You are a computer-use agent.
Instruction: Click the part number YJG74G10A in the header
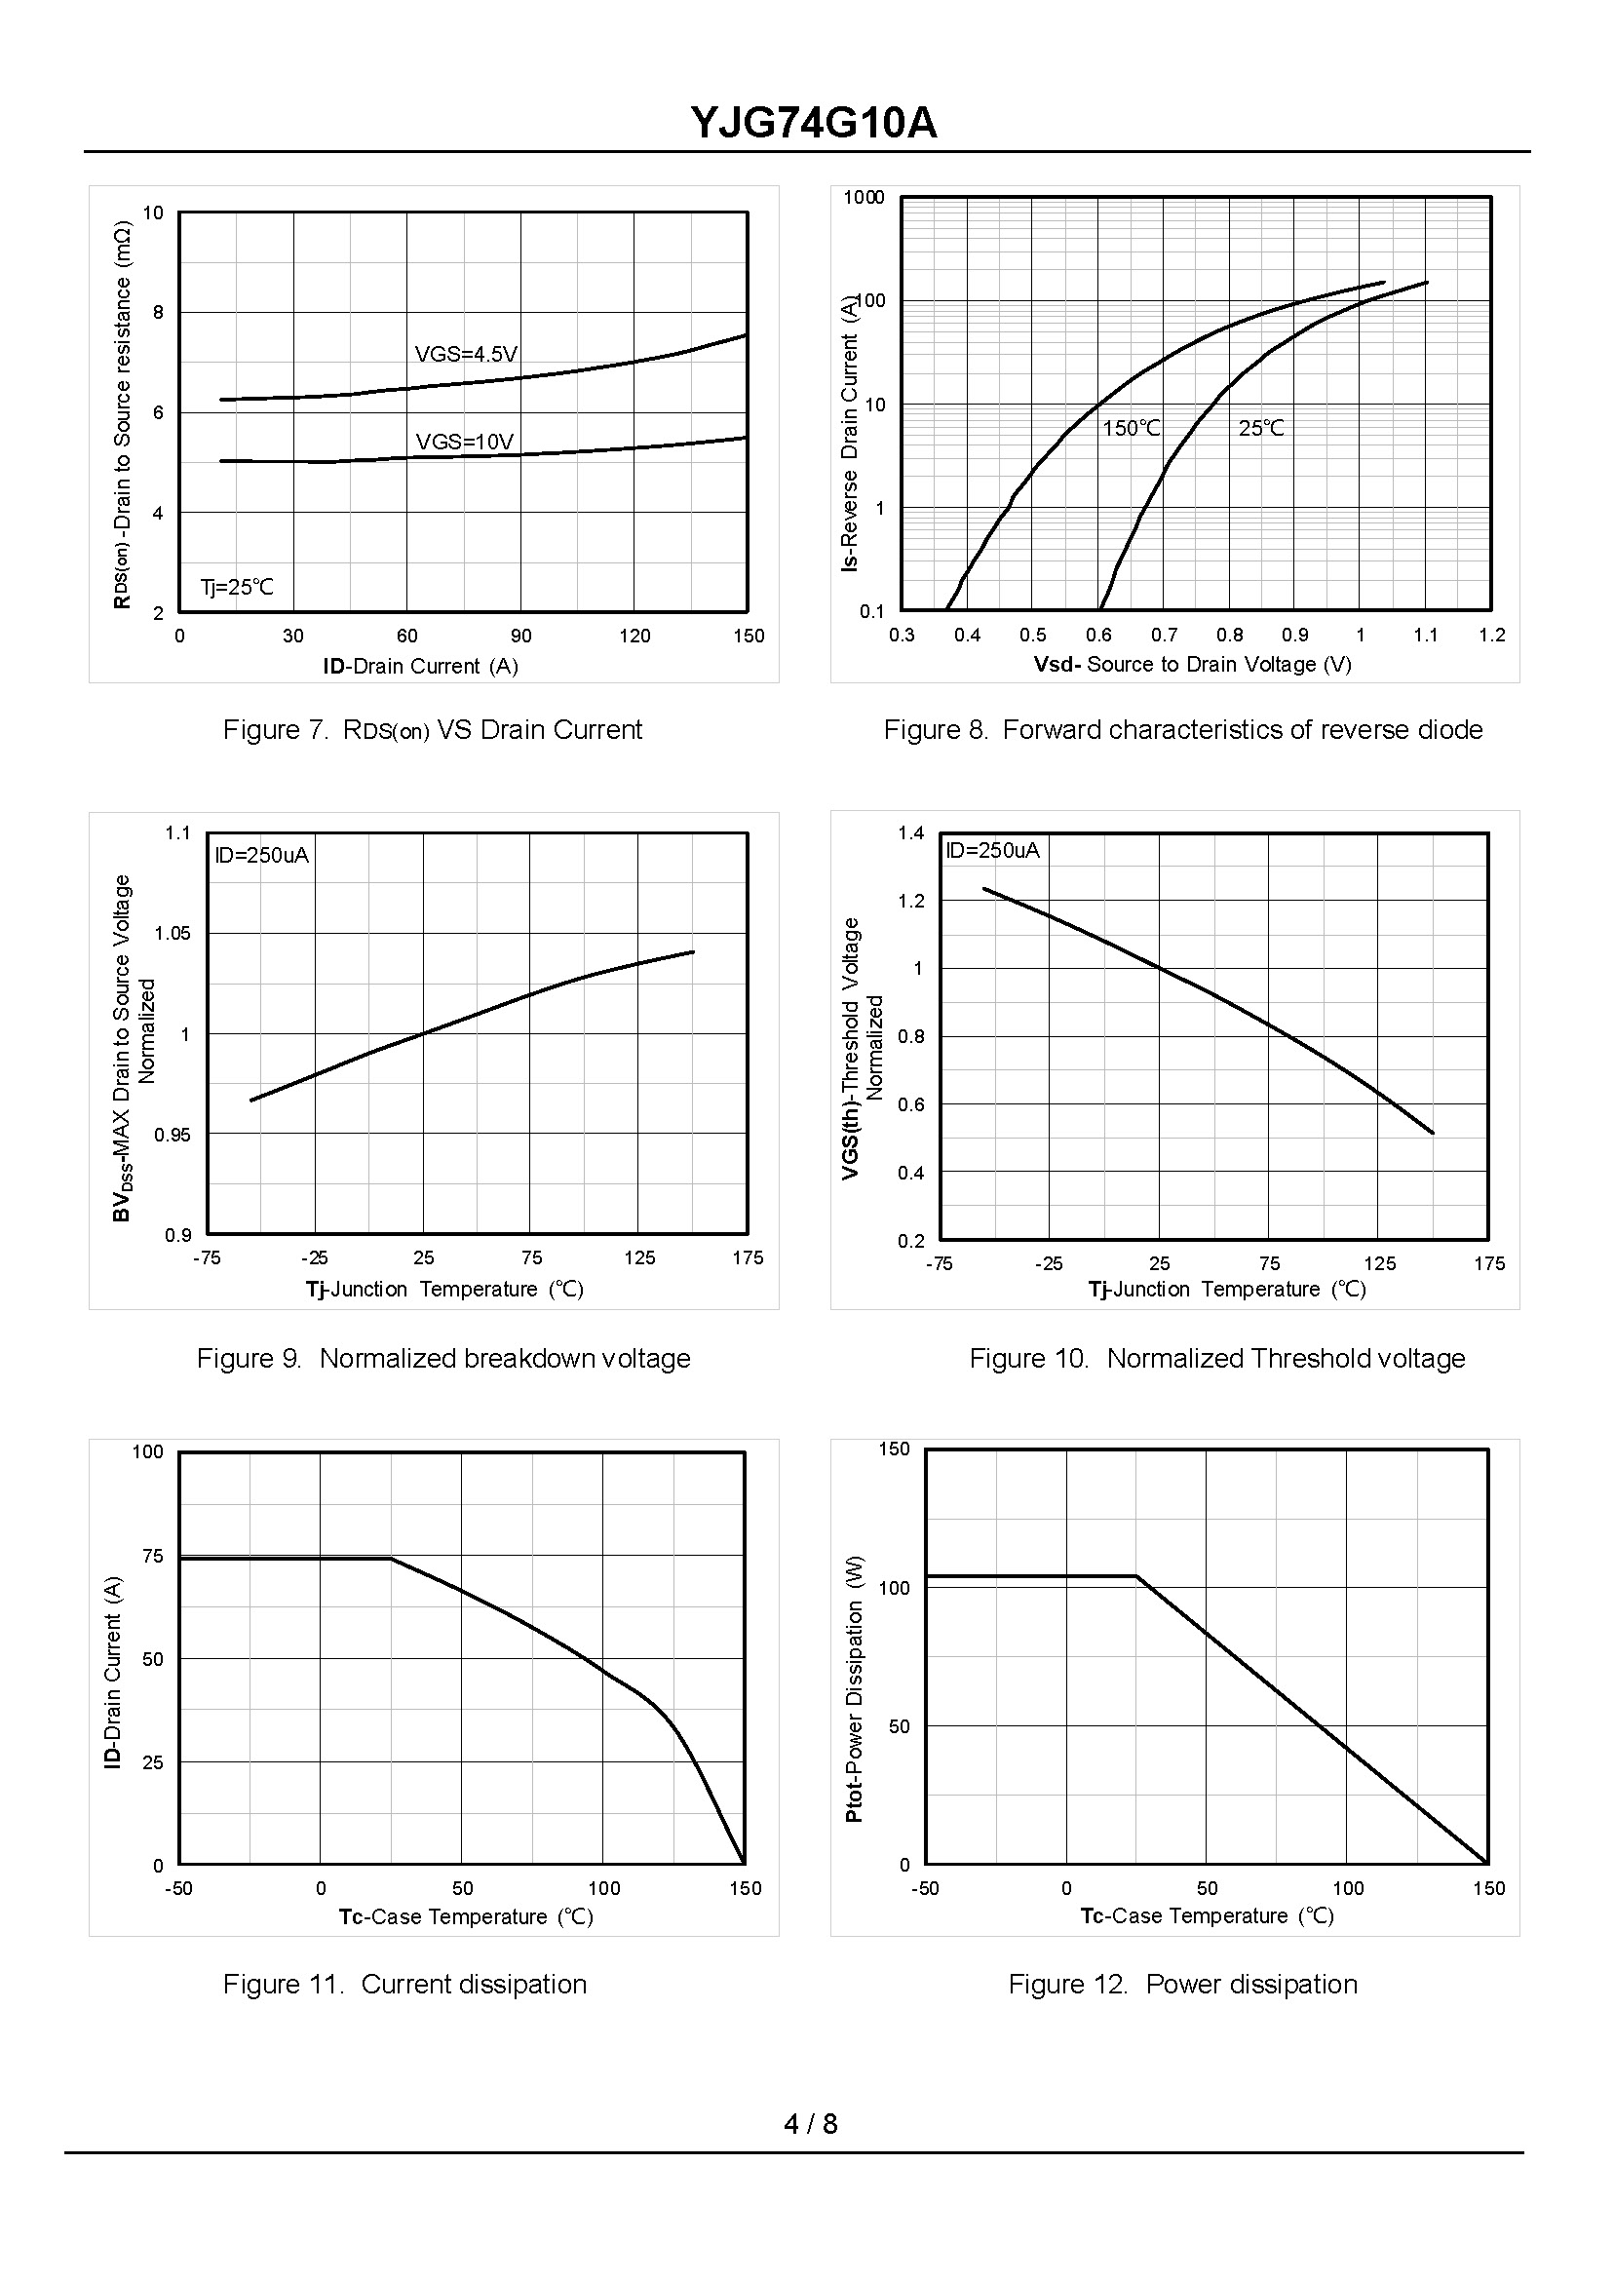[813, 124]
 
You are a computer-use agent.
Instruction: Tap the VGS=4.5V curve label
[466, 354]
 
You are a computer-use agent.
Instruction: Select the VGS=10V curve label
[464, 442]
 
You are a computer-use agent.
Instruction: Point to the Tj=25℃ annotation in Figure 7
[237, 588]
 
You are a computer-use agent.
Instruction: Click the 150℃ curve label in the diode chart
[1131, 428]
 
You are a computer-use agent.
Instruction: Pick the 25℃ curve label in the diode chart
[1260, 428]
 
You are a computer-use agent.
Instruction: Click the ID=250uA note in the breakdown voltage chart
[262, 856]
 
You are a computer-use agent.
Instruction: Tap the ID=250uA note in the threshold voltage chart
[992, 851]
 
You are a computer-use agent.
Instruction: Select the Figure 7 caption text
[433, 730]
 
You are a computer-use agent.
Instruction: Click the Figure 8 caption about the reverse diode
[1182, 730]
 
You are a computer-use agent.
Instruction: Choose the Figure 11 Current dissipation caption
[404, 1985]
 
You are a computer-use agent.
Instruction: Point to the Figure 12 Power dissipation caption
[1182, 1985]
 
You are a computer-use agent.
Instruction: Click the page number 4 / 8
[810, 2124]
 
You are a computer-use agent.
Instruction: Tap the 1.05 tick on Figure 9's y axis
[172, 933]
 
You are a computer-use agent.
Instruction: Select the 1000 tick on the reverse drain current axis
[863, 198]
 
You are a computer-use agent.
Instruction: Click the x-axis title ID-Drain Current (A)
[420, 666]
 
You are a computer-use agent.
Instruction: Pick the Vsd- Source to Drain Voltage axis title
[1192, 664]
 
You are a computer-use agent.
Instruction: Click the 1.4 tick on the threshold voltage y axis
[910, 832]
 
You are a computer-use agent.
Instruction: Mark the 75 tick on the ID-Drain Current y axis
[152, 1557]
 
